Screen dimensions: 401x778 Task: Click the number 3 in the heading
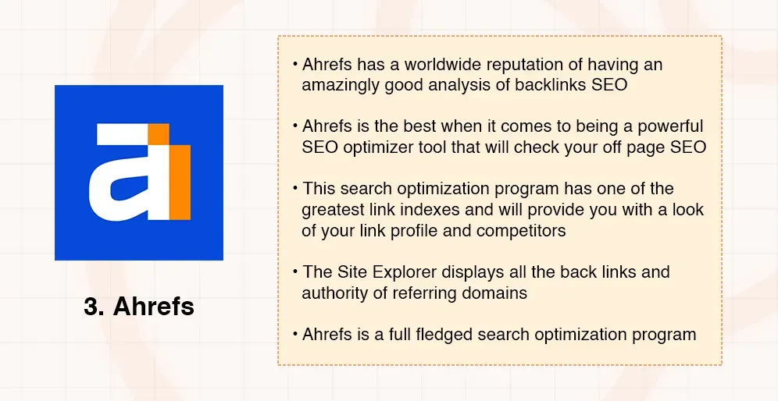point(92,307)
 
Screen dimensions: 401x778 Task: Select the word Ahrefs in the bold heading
point(154,307)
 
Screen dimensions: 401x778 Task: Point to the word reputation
point(508,64)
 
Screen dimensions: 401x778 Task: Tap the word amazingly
point(341,84)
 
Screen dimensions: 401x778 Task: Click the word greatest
point(333,210)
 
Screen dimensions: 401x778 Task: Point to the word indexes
point(423,210)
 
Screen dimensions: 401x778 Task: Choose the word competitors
point(514,231)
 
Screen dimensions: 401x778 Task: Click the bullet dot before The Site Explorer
point(295,272)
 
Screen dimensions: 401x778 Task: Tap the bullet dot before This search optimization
point(295,189)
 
